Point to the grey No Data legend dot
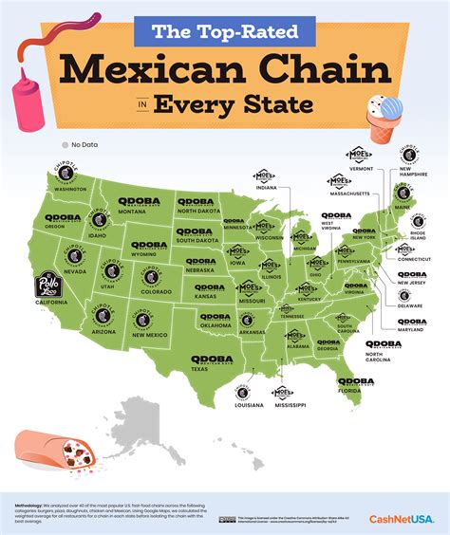click(65, 145)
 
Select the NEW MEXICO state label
click(151, 335)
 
